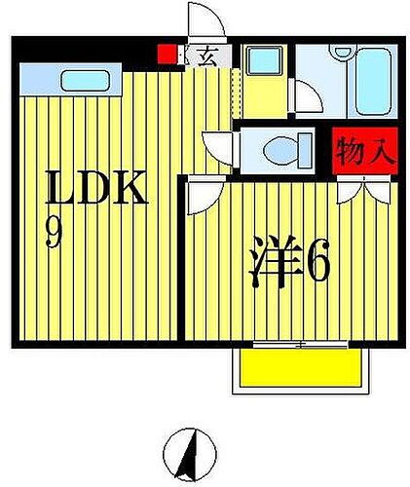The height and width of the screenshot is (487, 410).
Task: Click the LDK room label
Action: pos(96,189)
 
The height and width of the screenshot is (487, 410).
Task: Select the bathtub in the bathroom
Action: pos(371,85)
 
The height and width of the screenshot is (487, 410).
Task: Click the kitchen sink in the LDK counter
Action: pos(90,78)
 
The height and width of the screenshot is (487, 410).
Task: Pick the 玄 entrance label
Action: pos(207,56)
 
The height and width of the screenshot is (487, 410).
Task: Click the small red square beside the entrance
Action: pos(168,55)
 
